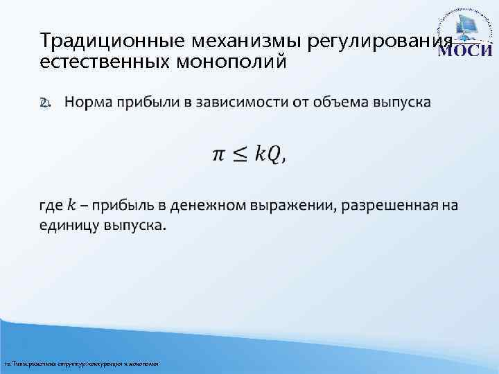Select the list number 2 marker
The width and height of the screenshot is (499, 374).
tap(44, 103)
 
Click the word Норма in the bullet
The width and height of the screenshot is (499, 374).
tap(88, 103)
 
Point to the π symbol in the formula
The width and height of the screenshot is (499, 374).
tap(218, 154)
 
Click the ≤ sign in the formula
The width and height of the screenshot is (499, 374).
tap(239, 154)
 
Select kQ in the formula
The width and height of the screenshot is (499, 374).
tap(268, 154)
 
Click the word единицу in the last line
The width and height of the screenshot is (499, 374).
tap(70, 226)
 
